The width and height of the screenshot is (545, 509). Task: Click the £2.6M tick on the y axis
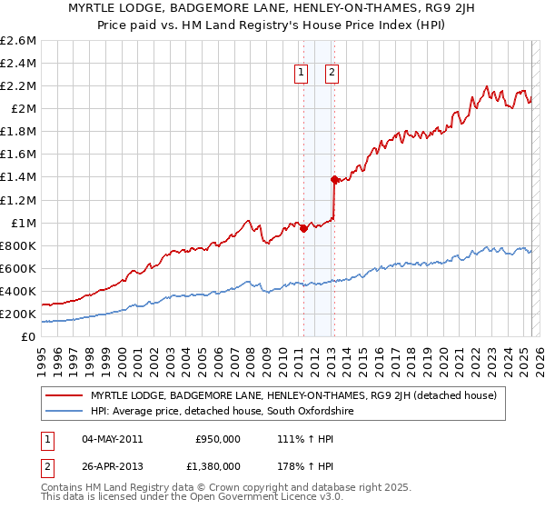18,41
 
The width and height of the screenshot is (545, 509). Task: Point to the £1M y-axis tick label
24,223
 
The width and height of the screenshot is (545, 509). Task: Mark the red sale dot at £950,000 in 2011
303,228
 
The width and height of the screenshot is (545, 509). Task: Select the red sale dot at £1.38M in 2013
335,179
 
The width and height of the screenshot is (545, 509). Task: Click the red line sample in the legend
64,395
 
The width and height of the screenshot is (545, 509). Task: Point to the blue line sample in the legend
64,412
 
